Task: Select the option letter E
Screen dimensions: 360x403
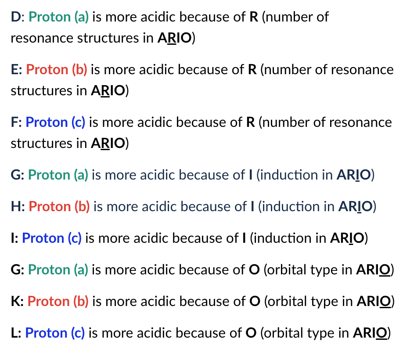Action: pos(16,70)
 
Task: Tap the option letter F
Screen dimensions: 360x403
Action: pos(15,122)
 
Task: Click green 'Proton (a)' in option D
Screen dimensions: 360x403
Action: pos(58,17)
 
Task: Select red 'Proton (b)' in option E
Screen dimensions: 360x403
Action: pos(57,70)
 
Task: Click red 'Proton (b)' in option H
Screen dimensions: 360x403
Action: pos(59,206)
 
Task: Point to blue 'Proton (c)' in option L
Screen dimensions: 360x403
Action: pos(55,333)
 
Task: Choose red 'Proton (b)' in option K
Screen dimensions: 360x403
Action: pos(58,301)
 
